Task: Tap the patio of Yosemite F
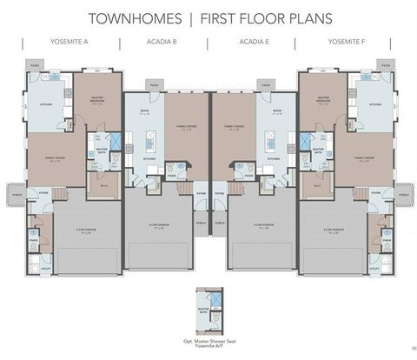[385, 65]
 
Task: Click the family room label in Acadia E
[233, 127]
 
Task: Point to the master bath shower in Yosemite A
[98, 139]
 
